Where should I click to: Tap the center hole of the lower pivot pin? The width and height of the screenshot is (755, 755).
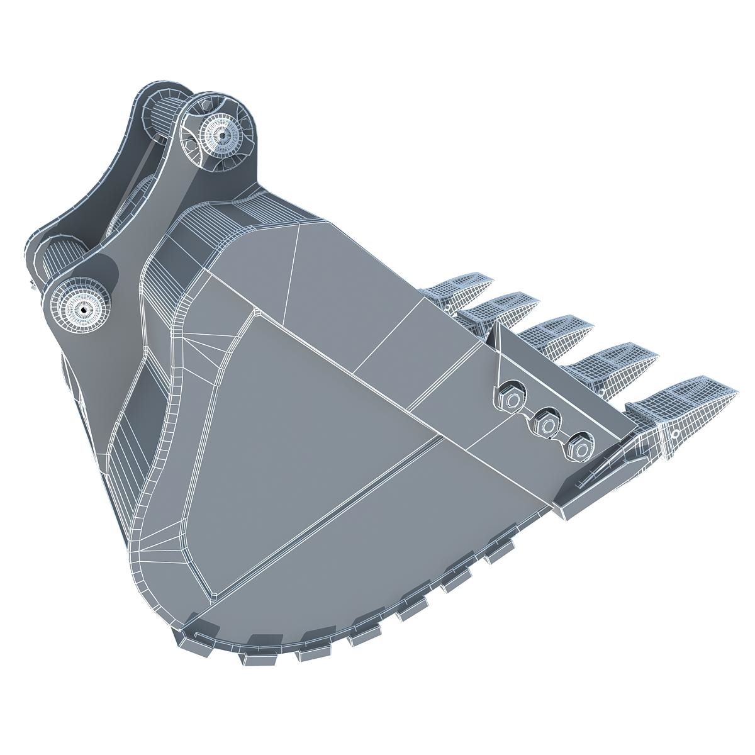click(x=82, y=310)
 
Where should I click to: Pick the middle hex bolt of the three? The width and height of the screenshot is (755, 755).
click(x=546, y=425)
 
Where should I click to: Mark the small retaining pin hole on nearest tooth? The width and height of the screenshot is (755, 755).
click(x=674, y=433)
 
